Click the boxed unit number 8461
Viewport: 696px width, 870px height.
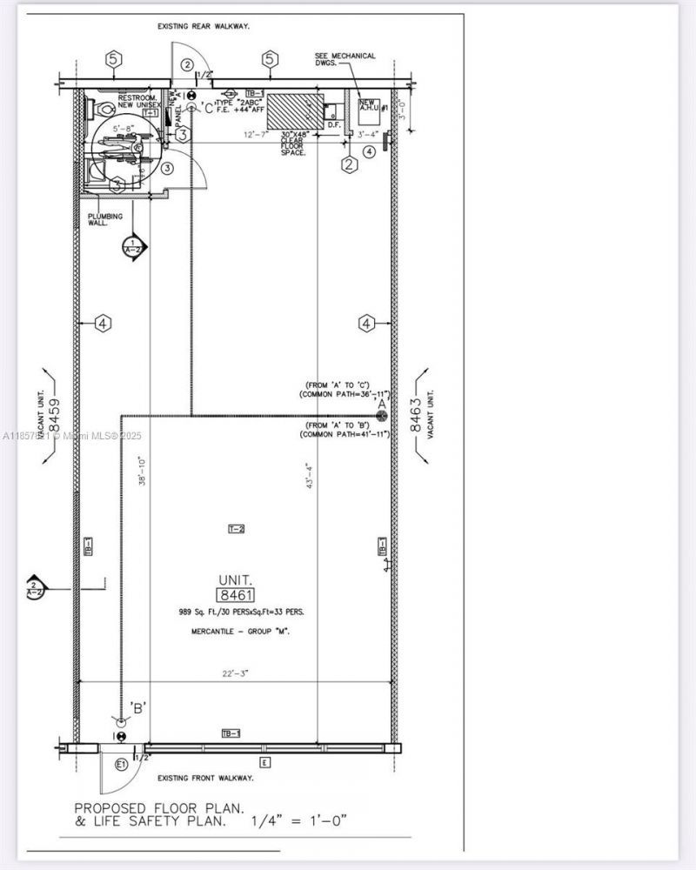tap(236, 595)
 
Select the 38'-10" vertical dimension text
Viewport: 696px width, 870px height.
tap(142, 472)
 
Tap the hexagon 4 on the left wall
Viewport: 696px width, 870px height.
tap(103, 324)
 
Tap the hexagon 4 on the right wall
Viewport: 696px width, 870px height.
tap(367, 324)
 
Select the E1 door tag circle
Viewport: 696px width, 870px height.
tap(121, 766)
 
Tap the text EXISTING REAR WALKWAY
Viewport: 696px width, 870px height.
tap(204, 27)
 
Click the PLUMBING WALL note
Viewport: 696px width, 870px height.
tap(104, 219)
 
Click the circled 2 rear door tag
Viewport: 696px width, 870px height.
tap(187, 64)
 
